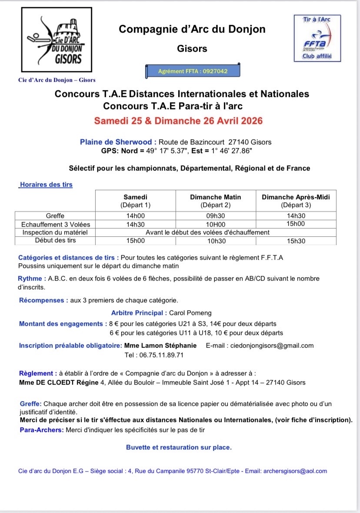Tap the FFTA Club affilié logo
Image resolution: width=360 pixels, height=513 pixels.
click(316, 38)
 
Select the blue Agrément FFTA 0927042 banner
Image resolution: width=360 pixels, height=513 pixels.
click(193, 70)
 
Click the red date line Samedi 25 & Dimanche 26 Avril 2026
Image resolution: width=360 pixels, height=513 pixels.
click(179, 121)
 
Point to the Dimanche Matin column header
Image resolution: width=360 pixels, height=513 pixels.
click(215, 201)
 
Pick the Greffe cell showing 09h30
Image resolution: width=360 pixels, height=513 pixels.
click(215, 216)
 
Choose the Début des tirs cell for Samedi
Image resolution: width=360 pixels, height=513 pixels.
click(135, 241)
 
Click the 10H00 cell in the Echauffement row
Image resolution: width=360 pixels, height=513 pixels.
click(215, 224)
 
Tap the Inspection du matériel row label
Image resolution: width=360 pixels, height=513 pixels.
click(55, 232)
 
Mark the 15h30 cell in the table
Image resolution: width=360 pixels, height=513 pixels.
click(296, 241)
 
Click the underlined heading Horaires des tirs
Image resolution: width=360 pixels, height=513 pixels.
click(46, 184)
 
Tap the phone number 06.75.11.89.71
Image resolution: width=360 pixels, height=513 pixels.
click(154, 355)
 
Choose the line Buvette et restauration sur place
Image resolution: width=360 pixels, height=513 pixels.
click(179, 447)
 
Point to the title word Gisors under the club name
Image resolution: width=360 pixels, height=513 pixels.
click(192, 49)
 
